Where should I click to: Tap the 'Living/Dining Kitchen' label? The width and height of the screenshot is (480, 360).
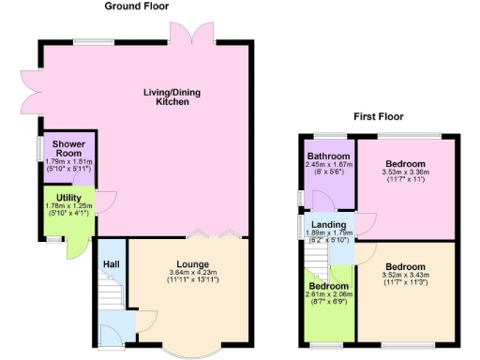[x=172, y=97]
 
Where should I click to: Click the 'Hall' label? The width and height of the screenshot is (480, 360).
[x=110, y=263]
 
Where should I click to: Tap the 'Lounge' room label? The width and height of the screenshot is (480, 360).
[x=191, y=263]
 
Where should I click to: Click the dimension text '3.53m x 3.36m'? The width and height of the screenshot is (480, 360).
[x=405, y=172]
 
